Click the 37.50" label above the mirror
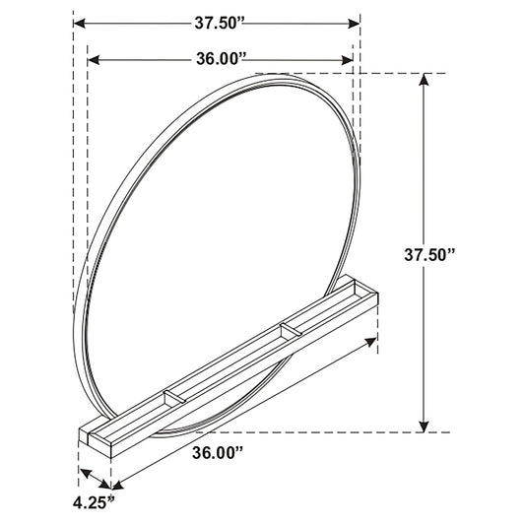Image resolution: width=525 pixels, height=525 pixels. click(219, 24)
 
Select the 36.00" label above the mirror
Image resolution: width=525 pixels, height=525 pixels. click(220, 60)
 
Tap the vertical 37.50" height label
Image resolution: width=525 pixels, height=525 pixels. click(429, 255)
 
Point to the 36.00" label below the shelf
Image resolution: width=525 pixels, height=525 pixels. click(218, 453)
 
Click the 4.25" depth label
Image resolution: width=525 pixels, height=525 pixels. click(94, 502)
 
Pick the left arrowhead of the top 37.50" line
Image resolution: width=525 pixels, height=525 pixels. click(79, 24)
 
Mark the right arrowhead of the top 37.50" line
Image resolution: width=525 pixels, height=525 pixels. click(354, 24)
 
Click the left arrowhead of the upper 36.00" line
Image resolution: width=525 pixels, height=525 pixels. click(94, 60)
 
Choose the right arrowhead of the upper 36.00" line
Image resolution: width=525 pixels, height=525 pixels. click(348, 60)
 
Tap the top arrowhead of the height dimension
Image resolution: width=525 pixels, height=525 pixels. click(424, 80)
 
